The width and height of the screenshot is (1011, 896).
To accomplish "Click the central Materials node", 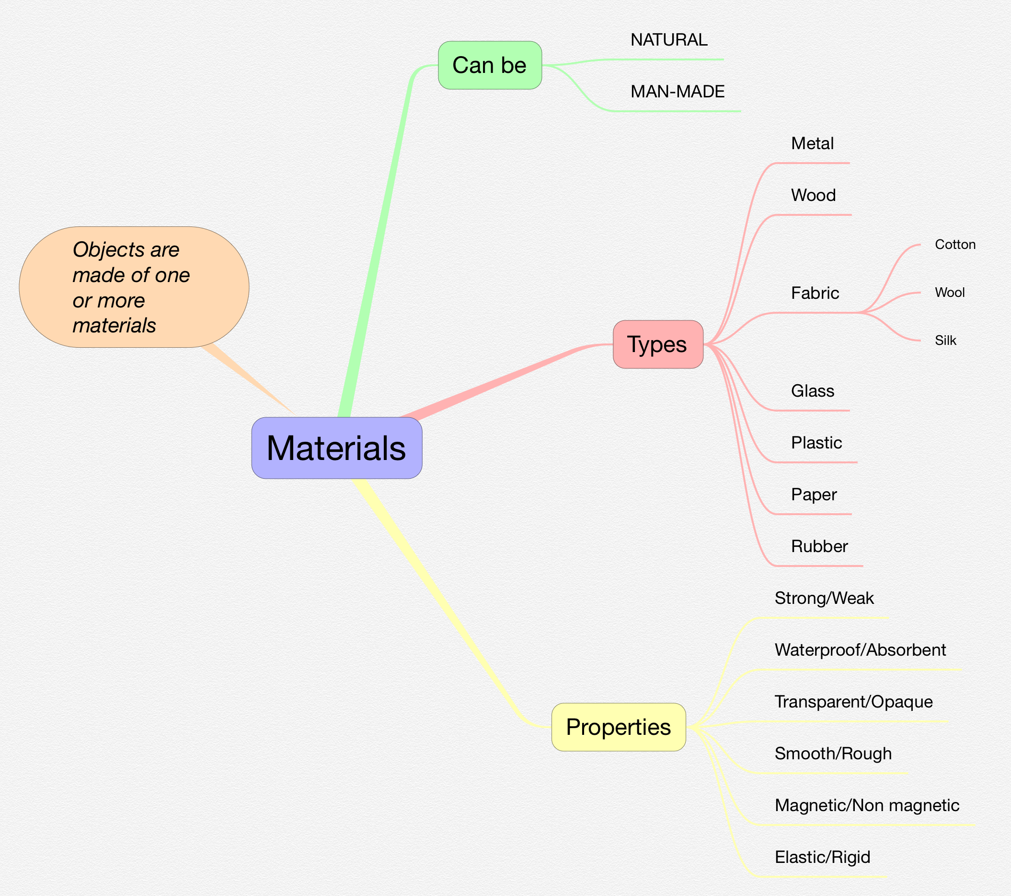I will tap(336, 448).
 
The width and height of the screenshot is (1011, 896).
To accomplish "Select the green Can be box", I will tap(490, 65).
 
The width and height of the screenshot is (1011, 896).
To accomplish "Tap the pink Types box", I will tap(657, 344).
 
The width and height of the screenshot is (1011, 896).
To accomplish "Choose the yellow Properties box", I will tap(618, 727).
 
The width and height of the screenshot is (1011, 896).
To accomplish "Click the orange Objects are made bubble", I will tap(134, 287).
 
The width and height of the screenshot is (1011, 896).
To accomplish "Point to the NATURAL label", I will tap(669, 40).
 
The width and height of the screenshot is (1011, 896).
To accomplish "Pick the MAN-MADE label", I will tap(677, 92).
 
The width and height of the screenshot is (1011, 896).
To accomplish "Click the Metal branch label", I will tap(812, 143).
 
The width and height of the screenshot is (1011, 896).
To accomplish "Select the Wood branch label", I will tap(813, 196).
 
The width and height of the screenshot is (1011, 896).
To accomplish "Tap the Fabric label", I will tap(815, 293).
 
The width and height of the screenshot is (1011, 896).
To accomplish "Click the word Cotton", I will tap(954, 245).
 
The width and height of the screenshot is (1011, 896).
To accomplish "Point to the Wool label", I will tap(949, 293).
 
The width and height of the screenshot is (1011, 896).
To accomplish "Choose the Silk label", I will tap(945, 341).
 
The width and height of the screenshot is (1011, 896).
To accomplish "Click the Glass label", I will tap(812, 391).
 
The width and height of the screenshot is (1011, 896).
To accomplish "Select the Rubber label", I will tap(819, 546).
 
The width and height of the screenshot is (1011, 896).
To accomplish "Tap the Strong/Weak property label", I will tap(824, 599).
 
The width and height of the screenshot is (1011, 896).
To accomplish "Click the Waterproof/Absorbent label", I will tap(860, 650).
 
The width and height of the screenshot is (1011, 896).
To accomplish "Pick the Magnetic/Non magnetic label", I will tap(867, 805).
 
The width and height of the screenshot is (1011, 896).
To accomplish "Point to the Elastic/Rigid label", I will tap(822, 857).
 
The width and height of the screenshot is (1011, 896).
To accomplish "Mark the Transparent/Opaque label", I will tap(853, 702).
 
